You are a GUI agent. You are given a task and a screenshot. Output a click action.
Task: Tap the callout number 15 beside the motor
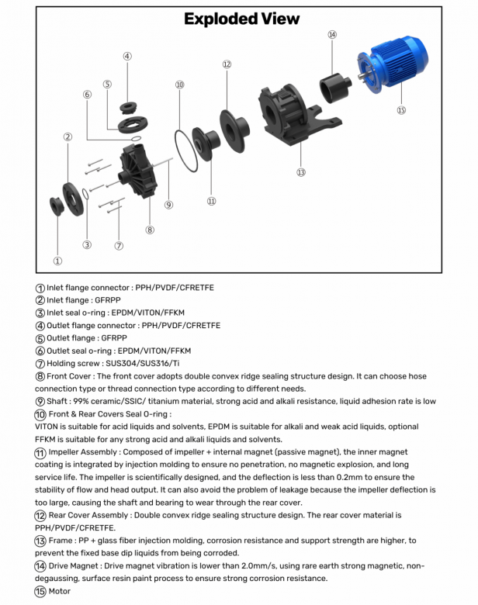coord(401,110)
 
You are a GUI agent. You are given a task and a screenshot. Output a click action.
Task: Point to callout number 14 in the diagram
coord(332,35)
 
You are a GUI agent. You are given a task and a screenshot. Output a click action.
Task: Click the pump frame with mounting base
coord(295,116)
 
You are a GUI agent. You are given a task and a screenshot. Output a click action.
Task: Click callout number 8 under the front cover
coord(150,230)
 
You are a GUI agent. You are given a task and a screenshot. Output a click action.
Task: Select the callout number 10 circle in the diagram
coord(179,85)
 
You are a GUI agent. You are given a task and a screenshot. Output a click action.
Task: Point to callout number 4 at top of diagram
coord(127,56)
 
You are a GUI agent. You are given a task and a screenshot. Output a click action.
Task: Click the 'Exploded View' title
coord(241,19)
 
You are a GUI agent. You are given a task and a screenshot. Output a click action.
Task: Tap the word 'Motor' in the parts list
coord(59,591)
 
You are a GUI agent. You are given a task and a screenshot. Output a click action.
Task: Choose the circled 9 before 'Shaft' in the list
coord(40,401)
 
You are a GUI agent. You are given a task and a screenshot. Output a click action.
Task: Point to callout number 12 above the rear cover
coord(227,65)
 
